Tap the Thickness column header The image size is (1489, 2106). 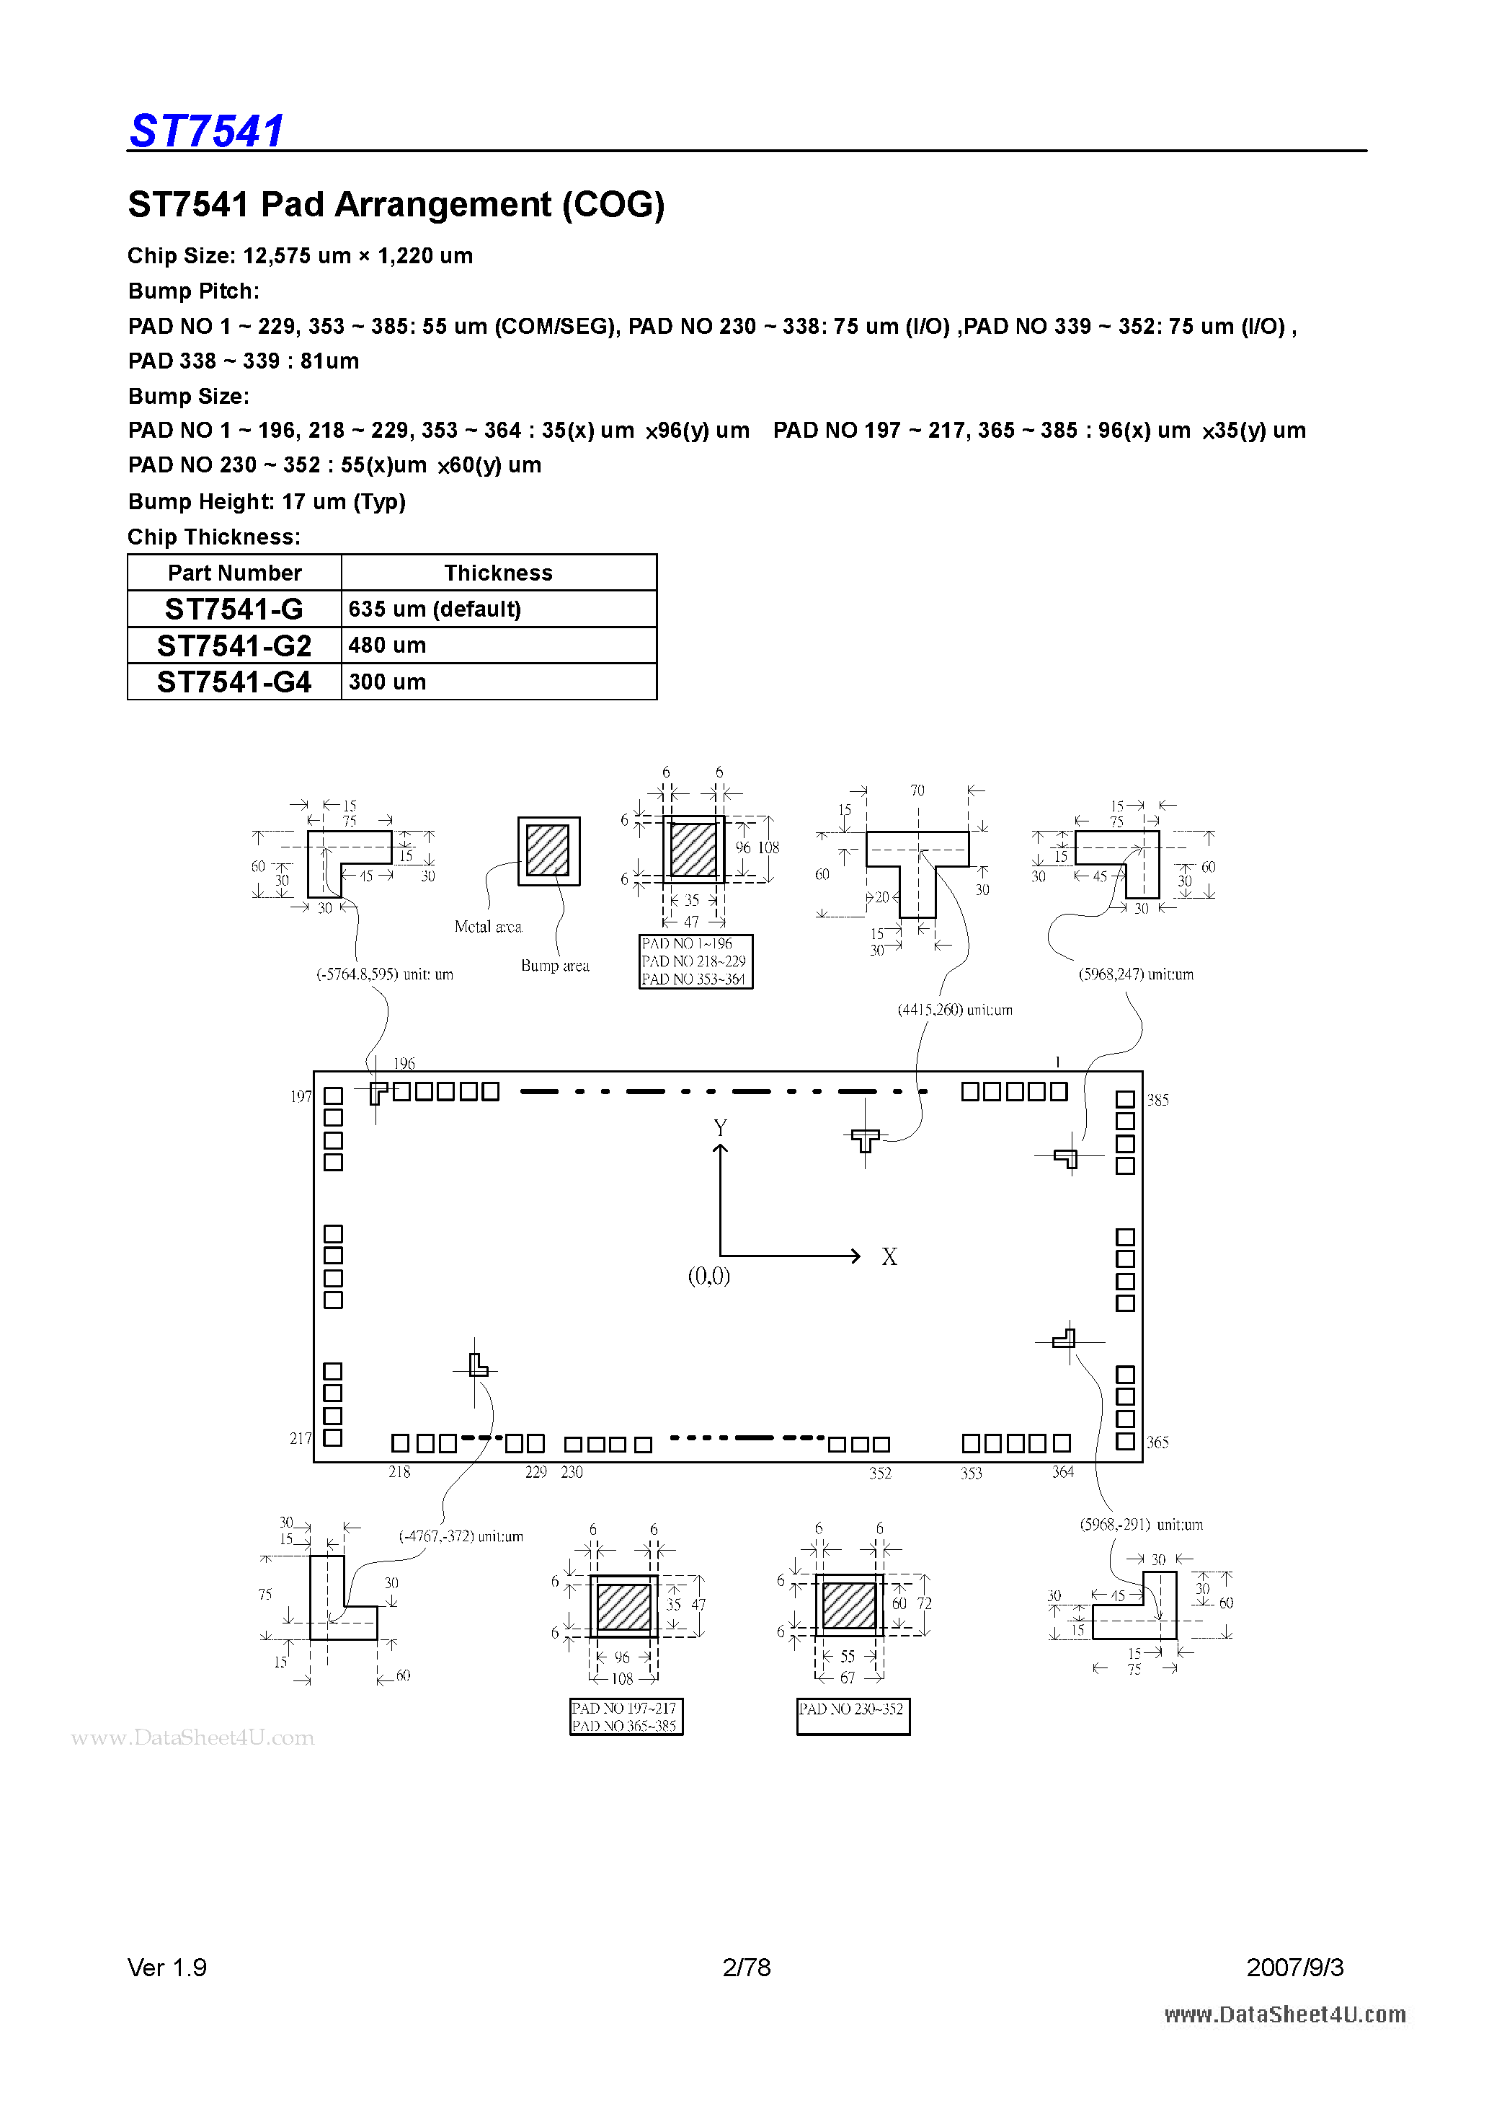click(x=498, y=573)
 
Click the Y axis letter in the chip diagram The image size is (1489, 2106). click(x=721, y=1127)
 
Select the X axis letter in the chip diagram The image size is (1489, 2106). click(x=889, y=1256)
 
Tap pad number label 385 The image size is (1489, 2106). click(x=1158, y=1100)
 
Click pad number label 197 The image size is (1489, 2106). click(x=301, y=1096)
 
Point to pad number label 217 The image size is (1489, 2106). click(x=301, y=1438)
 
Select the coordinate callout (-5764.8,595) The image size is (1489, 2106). click(x=385, y=974)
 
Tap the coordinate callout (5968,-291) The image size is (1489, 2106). click(x=1141, y=1525)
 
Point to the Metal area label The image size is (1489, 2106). click(x=488, y=926)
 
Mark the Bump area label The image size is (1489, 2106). click(x=555, y=965)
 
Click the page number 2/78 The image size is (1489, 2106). click(x=747, y=1967)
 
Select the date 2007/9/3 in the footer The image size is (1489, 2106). click(x=1294, y=1967)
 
